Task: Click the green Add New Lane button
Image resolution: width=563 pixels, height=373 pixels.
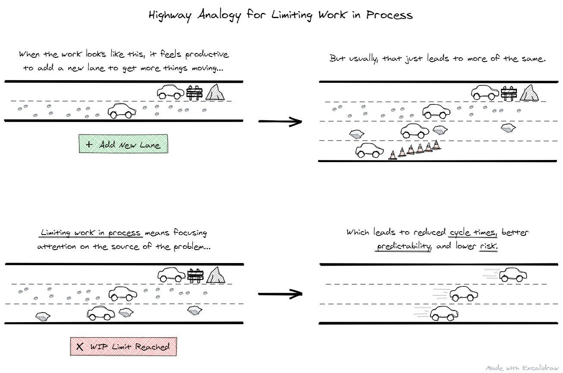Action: [x=123, y=144]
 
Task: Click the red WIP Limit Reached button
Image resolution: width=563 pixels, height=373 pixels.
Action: [x=123, y=347]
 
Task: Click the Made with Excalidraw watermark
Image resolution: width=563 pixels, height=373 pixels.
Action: [x=522, y=368]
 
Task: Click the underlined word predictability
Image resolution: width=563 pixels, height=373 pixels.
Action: [x=404, y=246]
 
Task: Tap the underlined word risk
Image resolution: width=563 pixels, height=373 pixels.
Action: [x=488, y=246]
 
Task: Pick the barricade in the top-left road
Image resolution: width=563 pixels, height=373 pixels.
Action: [x=194, y=93]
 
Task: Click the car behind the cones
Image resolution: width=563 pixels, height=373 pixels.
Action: [x=369, y=150]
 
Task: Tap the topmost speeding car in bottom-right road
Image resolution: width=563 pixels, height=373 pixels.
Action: [x=513, y=274]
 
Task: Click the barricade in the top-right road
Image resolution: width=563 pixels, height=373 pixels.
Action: [x=509, y=93]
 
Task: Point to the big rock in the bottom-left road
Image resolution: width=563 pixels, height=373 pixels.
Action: [x=216, y=275]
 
